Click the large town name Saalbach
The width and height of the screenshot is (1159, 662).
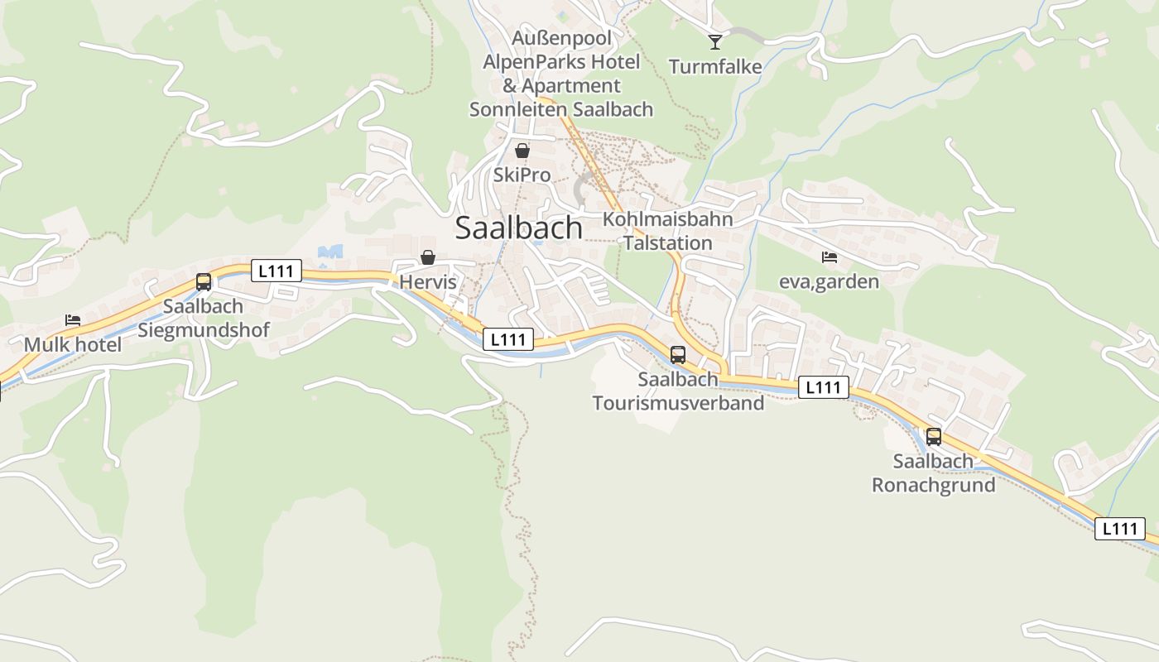coord(518,228)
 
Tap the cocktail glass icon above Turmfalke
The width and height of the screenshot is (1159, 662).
coord(715,41)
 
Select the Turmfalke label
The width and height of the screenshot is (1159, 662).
coord(715,67)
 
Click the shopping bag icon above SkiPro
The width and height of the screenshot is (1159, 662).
coord(522,151)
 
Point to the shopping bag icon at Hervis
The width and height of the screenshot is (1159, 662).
coord(428,258)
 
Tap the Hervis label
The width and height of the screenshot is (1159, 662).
coord(428,282)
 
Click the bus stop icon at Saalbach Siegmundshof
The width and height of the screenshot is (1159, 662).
coord(204,282)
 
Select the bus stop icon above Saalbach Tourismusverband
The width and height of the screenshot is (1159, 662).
coord(678,355)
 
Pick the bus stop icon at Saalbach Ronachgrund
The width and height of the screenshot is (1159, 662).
coord(934,437)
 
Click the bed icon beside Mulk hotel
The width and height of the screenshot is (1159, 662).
coord(73,320)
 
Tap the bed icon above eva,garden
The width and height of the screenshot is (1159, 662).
coord(829,257)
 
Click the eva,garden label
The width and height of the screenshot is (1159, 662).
coord(829,282)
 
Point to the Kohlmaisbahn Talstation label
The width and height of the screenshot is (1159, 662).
coord(668,231)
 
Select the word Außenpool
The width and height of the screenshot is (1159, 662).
coord(561,38)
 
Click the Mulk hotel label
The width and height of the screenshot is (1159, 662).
coord(73,344)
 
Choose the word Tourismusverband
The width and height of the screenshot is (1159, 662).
coord(678,403)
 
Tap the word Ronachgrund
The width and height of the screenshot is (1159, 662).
coord(934,485)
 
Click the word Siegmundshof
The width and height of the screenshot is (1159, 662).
coord(204,330)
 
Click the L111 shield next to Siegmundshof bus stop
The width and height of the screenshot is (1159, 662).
coord(277,271)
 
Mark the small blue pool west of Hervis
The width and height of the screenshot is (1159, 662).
coord(330,252)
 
